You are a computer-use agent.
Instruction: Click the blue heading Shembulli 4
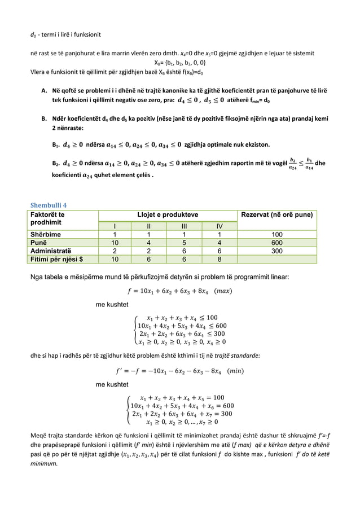point(52,204)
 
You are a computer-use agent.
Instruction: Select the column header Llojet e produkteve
point(168,214)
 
